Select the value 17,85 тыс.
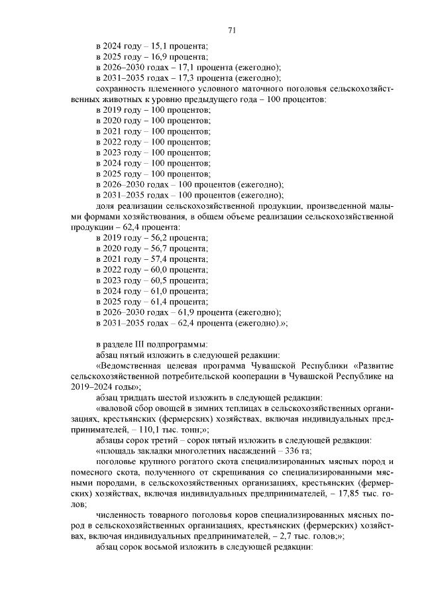(341, 493)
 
